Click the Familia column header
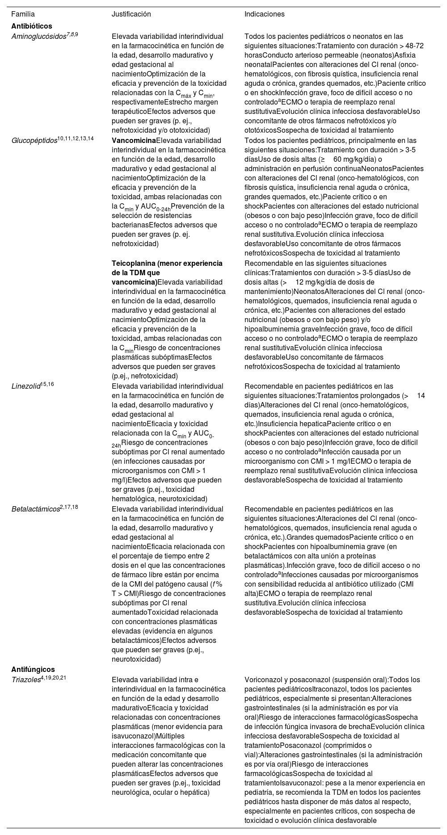pos(23,14)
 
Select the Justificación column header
pos(131,14)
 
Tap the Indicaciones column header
pos(264,14)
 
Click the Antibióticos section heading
pos(32,26)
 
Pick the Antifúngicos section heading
pos(33,669)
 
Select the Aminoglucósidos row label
pos(38,37)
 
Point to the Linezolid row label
pos(26,386)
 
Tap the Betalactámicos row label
pos(35,509)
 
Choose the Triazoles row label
pos(27,680)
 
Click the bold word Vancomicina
pos(134,140)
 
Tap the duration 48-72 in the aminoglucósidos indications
pos(410,46)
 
